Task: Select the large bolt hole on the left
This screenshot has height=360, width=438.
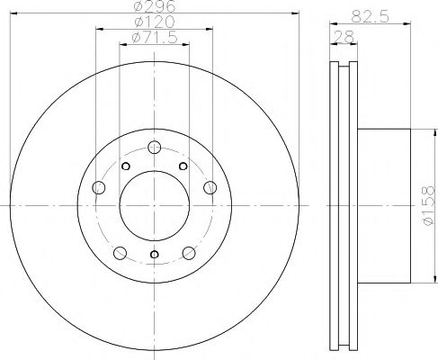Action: tap(99, 187)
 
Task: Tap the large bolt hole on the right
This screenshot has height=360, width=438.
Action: tap(210, 187)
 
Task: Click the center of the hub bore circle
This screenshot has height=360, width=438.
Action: tap(154, 207)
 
